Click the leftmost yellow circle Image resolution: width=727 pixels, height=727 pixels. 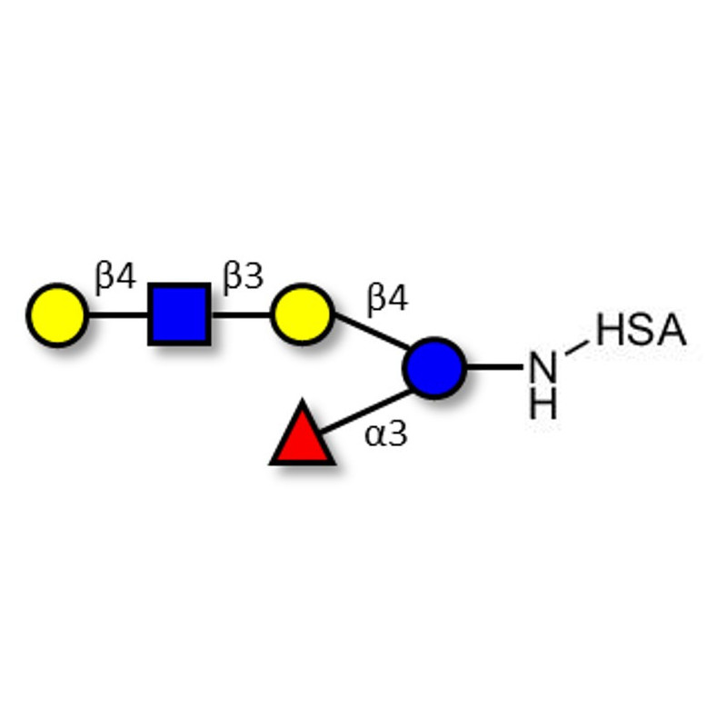pos(57,315)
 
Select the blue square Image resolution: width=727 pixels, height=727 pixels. pos(179,314)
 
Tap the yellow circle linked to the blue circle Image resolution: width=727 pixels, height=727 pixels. pos(303,314)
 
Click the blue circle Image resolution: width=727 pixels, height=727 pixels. pos(434,368)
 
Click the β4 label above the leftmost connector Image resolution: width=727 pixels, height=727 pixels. pos(115,277)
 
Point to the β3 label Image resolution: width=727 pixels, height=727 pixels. pos(243,277)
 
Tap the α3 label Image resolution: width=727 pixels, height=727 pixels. pos(385,434)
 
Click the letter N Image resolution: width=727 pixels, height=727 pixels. pos(543,367)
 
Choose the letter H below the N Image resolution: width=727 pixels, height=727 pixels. pos(543,403)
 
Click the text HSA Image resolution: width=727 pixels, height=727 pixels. pos(641,330)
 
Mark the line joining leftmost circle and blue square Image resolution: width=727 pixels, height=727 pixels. pos(118,315)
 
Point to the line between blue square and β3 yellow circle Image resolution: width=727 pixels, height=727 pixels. pos(241,315)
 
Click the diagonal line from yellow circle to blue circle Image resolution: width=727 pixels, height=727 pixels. pos(371,332)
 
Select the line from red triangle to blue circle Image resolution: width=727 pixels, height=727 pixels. pos(366,412)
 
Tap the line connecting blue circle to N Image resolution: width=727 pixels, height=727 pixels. pos(494,367)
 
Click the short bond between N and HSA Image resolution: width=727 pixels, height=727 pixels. pos(577,348)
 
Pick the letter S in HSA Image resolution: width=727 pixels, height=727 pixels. pos(641,330)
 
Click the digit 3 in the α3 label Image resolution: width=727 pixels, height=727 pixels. pos(398,434)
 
